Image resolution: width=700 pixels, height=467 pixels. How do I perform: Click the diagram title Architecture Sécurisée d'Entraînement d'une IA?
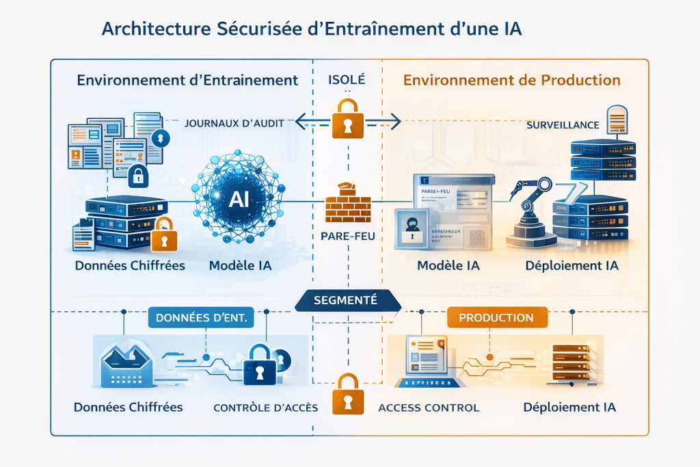point(312,30)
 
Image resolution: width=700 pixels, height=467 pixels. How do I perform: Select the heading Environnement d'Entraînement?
point(187,80)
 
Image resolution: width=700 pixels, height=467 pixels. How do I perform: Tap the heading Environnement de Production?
point(511,80)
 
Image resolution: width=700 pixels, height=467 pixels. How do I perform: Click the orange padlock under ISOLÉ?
point(347,118)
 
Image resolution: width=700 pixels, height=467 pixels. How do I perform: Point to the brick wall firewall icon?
point(347,203)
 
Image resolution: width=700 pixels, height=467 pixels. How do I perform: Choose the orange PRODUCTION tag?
point(496,318)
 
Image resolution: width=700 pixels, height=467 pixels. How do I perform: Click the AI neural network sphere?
point(239,198)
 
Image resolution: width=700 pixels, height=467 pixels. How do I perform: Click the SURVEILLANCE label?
point(563,125)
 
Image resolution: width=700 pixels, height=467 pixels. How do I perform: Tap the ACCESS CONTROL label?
point(429,408)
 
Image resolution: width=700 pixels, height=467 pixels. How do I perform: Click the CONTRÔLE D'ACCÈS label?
point(265,408)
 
